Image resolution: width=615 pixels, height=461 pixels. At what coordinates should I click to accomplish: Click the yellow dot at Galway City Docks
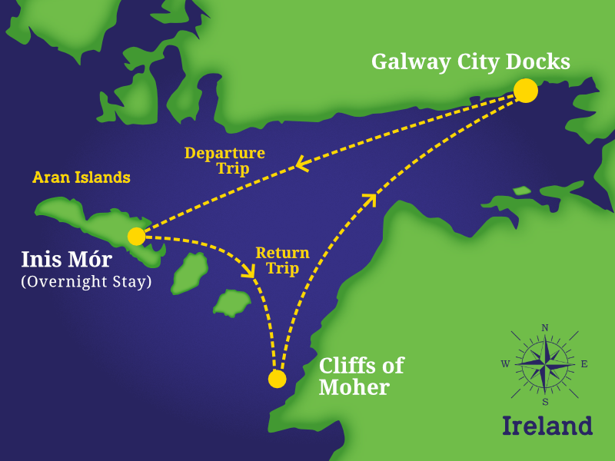pos(526,91)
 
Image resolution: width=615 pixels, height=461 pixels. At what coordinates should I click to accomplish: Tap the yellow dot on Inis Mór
pos(136,236)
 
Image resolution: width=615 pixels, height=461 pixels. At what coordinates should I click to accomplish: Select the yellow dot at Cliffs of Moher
pos(278,379)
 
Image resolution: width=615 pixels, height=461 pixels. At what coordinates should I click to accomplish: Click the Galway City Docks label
pos(470,61)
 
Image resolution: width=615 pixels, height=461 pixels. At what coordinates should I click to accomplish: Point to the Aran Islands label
pos(81,177)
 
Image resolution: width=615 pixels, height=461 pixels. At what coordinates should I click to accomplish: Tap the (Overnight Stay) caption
pos(86,281)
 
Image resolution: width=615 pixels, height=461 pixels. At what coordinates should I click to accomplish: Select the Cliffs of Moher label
pos(361,376)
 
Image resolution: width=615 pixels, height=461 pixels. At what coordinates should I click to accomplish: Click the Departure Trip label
pos(224,161)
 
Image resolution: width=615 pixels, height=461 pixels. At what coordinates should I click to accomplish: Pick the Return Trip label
pos(282,260)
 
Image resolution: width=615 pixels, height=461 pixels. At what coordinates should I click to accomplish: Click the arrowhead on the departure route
pos(301,164)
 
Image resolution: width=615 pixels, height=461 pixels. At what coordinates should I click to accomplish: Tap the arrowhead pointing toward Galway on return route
pos(370,200)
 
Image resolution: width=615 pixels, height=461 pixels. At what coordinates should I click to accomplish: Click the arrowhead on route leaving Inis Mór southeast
pos(248,270)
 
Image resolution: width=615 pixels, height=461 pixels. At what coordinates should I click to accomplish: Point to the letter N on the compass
pos(545,328)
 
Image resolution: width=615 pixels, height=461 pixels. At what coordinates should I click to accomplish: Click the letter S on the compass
pos(545,401)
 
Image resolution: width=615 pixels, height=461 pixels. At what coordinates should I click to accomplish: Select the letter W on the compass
pos(505,364)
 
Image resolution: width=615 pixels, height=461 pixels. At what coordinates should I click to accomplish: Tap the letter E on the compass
pos(584,364)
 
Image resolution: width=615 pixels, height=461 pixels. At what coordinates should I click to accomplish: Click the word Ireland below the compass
pos(547,425)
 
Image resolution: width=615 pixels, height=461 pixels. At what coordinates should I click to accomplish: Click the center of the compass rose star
pos(545,364)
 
